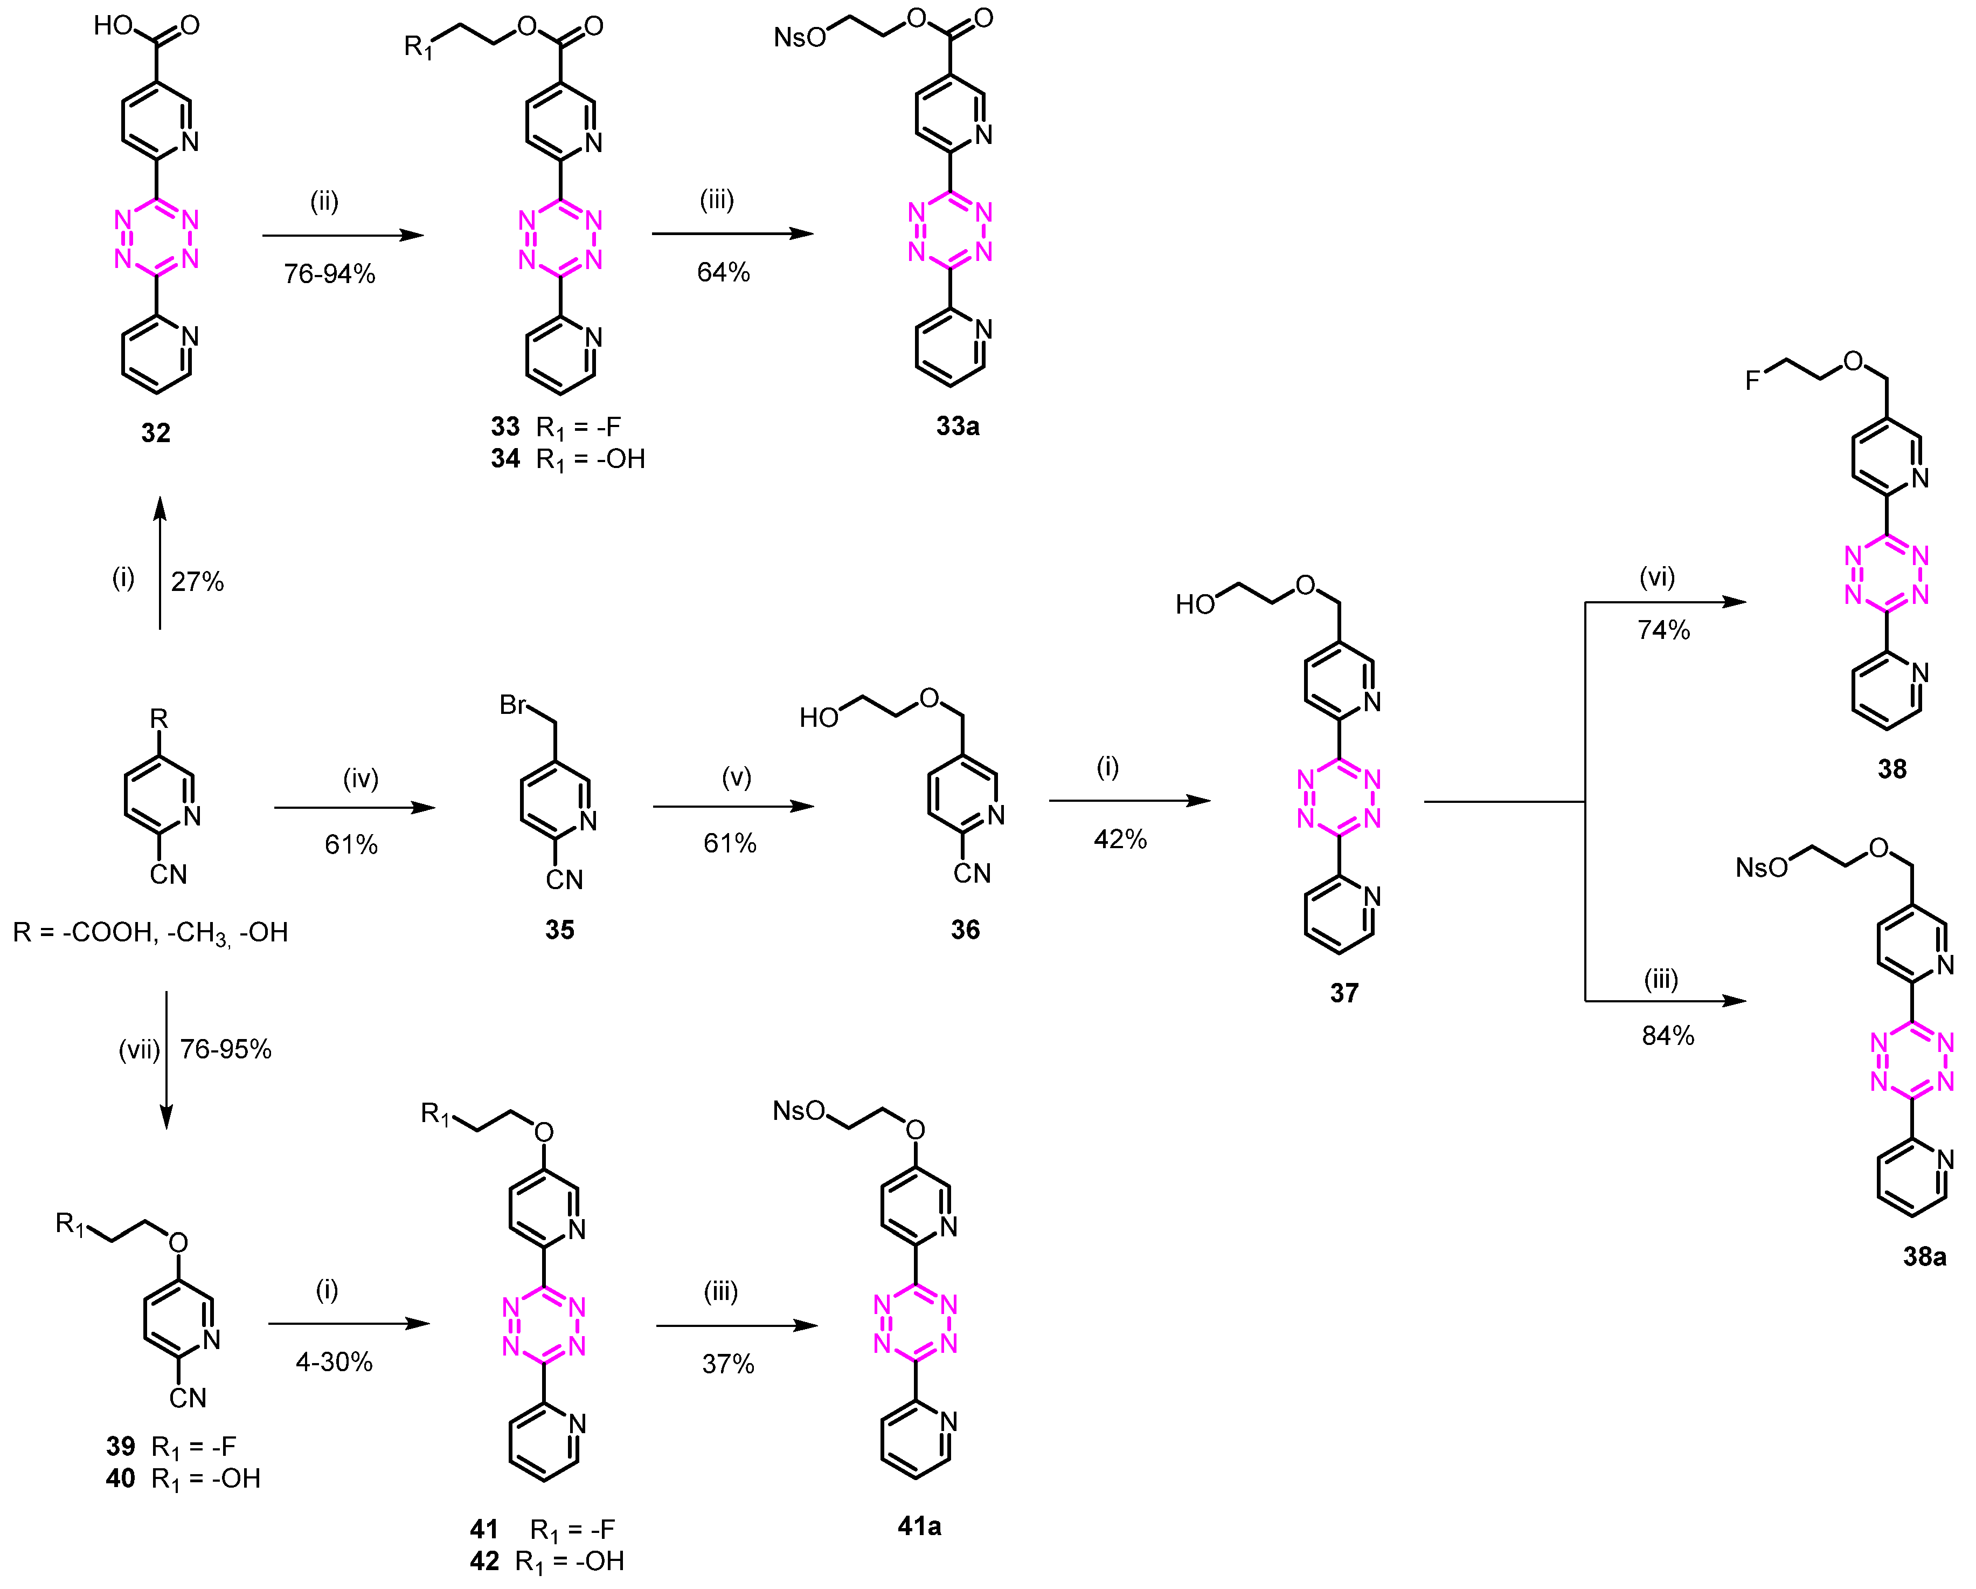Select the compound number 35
click(559, 930)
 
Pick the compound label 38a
click(1924, 1256)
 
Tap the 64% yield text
click(723, 272)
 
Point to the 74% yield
click(1663, 630)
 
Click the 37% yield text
click(727, 1364)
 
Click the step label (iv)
click(360, 779)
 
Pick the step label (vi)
click(1657, 577)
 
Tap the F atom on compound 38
click(1752, 380)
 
